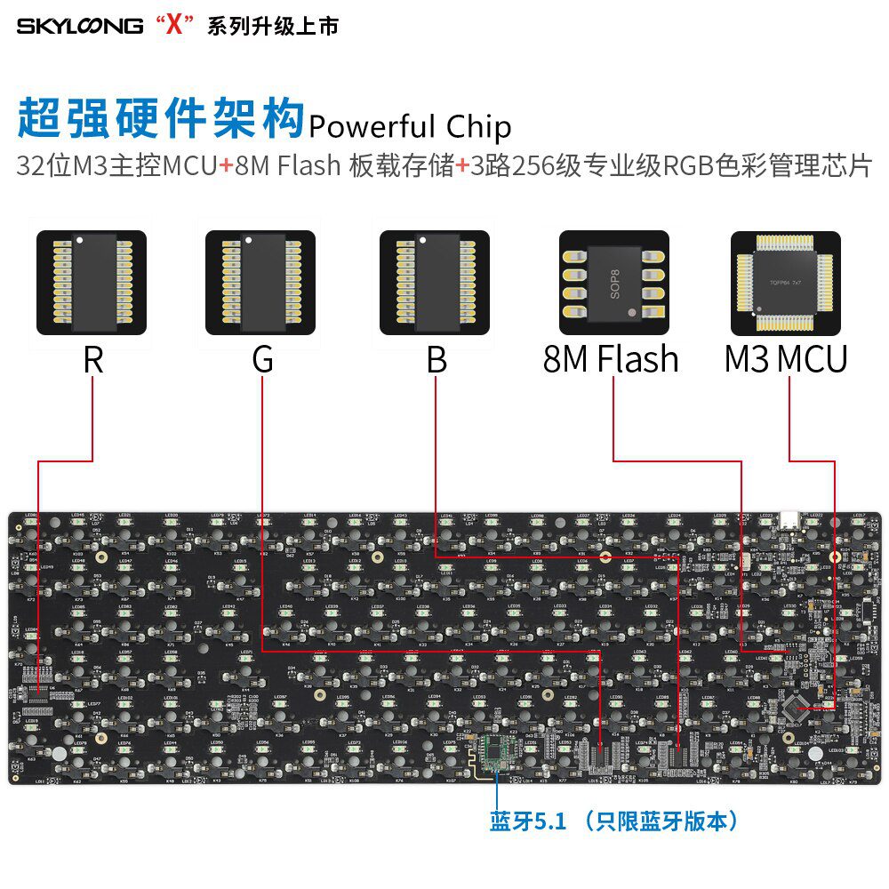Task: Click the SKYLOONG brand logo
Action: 79,26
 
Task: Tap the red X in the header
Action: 174,26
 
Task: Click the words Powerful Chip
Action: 410,127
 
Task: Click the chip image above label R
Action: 92,283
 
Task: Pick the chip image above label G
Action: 260,283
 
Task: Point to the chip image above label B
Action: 435,283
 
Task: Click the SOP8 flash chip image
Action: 614,283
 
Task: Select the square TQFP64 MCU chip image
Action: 785,283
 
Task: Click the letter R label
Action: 92,360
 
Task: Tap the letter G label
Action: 262,360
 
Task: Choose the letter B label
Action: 436,360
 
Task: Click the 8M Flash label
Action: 611,360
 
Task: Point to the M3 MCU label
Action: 785,360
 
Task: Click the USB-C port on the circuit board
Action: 789,519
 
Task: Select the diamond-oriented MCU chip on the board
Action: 794,709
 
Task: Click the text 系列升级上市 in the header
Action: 272,27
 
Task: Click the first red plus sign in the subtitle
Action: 227,166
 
